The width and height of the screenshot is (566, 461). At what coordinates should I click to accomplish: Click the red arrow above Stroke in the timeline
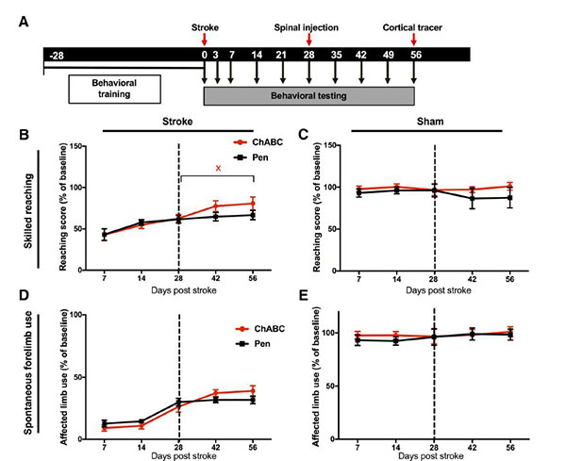[x=205, y=40]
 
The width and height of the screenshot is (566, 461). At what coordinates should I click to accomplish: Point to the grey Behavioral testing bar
[x=308, y=97]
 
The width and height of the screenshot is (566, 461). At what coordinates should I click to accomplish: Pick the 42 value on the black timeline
[x=360, y=57]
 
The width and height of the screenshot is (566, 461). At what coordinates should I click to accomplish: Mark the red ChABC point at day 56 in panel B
[x=253, y=203]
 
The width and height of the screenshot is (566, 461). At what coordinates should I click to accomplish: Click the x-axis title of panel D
[x=178, y=456]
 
